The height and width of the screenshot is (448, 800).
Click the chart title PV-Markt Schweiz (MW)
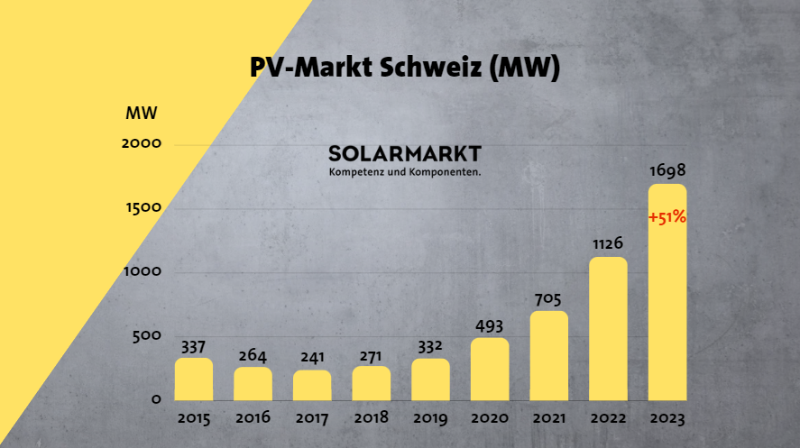tap(405, 69)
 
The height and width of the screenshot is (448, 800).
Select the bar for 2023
tap(667, 297)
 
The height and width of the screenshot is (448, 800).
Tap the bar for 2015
tap(194, 379)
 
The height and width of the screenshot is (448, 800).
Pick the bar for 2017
tap(312, 386)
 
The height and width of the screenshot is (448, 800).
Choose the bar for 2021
tap(549, 356)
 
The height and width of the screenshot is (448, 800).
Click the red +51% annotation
tap(667, 217)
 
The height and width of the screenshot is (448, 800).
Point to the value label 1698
tap(667, 170)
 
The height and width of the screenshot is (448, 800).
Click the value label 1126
tap(608, 243)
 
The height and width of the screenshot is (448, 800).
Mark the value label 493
tap(490, 325)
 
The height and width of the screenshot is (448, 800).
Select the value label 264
tap(253, 354)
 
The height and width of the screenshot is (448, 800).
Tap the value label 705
tap(549, 298)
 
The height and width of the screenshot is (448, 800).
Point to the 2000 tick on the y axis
tap(143, 143)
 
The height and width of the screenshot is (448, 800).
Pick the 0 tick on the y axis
tap(156, 399)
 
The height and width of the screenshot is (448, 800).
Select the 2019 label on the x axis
tap(430, 418)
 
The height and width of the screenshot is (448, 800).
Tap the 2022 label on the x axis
tap(608, 418)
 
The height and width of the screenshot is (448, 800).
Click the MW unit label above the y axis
tap(142, 114)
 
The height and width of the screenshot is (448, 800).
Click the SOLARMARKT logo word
tap(405, 153)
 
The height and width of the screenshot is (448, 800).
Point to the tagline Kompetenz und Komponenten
tap(405, 171)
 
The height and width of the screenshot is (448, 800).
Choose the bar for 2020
tap(490, 370)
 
